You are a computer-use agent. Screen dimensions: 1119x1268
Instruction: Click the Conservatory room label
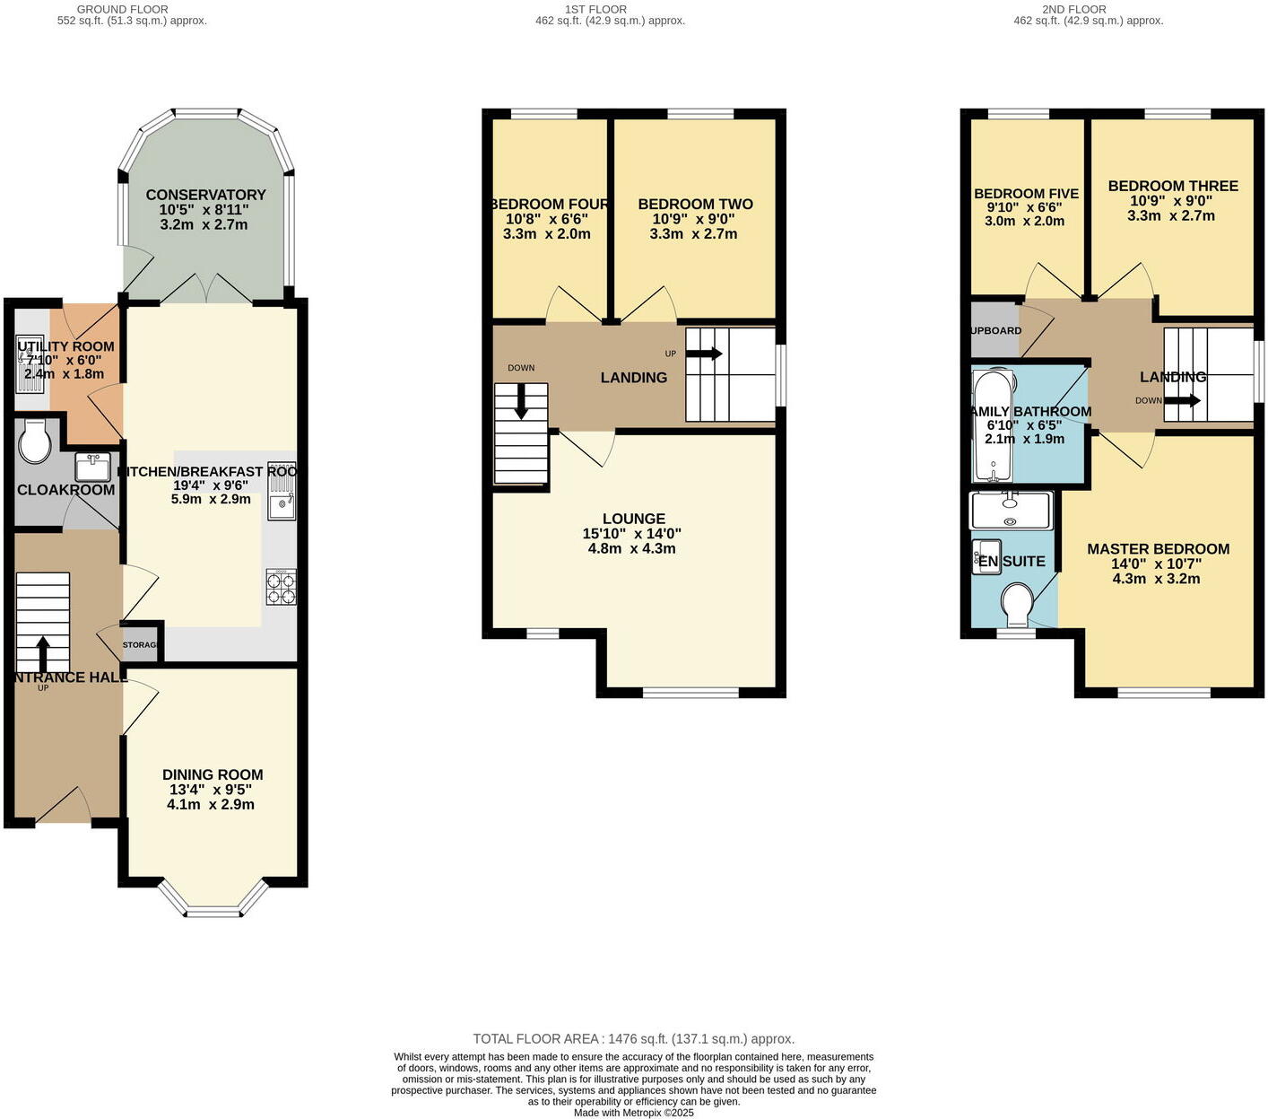[205, 195]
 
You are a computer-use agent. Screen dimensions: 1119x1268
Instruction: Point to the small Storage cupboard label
[141, 645]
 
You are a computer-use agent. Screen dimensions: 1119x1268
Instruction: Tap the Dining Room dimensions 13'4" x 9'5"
[211, 790]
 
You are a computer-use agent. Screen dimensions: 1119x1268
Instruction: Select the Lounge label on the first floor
[633, 519]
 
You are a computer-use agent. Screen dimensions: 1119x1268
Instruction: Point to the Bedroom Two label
[695, 205]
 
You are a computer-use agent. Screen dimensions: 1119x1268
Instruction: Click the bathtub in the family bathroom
[993, 426]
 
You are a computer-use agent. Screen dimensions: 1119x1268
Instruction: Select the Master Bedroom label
[1158, 549]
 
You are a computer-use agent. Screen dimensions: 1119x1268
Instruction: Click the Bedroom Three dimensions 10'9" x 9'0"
[1171, 201]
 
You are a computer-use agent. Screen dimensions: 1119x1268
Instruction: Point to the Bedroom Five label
[1026, 194]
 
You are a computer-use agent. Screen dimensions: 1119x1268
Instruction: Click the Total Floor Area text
[633, 1039]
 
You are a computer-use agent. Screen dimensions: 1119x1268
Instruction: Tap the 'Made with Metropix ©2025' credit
[633, 1113]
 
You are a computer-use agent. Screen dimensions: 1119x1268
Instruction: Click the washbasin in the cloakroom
[92, 468]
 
